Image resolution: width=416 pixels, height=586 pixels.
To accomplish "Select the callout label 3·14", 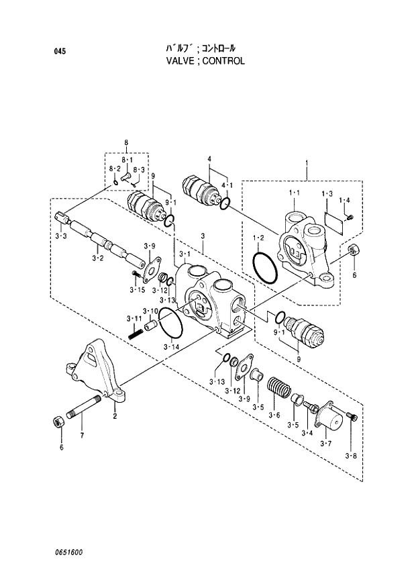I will coord(172,347).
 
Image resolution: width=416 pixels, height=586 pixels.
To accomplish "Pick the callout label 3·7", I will coord(326,443).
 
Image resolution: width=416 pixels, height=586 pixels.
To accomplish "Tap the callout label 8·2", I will coord(113,169).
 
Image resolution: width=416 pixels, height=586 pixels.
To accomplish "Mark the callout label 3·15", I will coord(137,289).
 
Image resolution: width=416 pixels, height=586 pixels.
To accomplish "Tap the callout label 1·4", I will coord(345,199).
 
